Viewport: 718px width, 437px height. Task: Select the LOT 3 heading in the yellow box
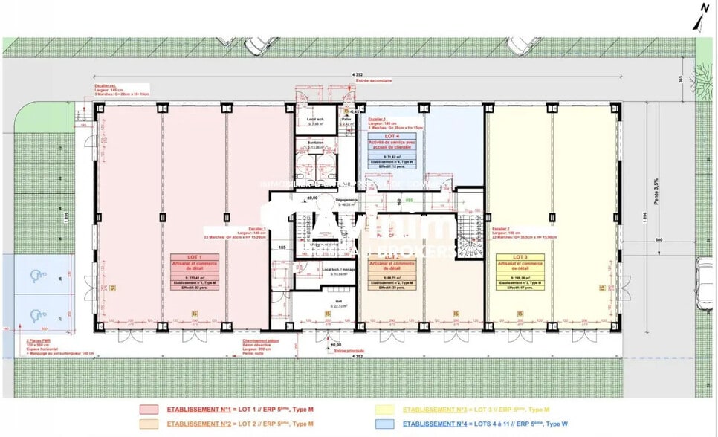coord(520,256)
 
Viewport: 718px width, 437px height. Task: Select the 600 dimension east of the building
coord(658,239)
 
